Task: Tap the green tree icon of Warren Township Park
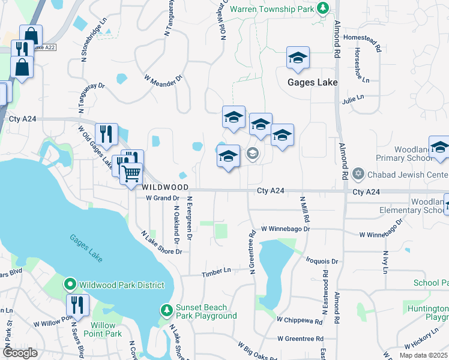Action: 323,8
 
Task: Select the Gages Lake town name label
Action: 312,82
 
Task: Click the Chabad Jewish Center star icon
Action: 359,174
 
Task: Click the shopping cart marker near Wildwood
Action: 131,175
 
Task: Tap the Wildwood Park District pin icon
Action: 70,284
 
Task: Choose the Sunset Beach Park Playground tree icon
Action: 167,310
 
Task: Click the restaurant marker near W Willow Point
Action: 77,305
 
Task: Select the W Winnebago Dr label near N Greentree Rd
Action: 285,229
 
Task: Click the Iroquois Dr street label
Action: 322,262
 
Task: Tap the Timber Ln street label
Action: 216,271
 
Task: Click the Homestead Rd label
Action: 363,37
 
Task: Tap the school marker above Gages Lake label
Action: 298,58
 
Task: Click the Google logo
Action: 20,352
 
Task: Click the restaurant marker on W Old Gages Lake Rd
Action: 106,135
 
